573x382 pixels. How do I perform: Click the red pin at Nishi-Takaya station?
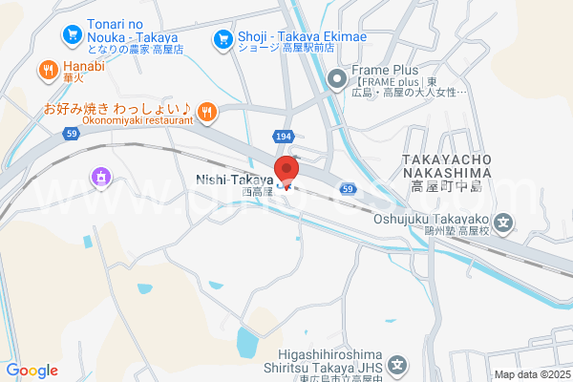(288, 169)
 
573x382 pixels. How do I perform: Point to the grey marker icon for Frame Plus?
(336, 78)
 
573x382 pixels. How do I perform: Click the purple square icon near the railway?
(100, 176)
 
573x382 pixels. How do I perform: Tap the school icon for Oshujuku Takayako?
(505, 225)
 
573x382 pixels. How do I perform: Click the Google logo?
(32, 371)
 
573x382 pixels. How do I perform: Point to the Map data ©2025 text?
(531, 374)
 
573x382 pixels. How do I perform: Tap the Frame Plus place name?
(386, 71)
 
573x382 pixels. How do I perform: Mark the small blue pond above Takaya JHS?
(245, 339)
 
